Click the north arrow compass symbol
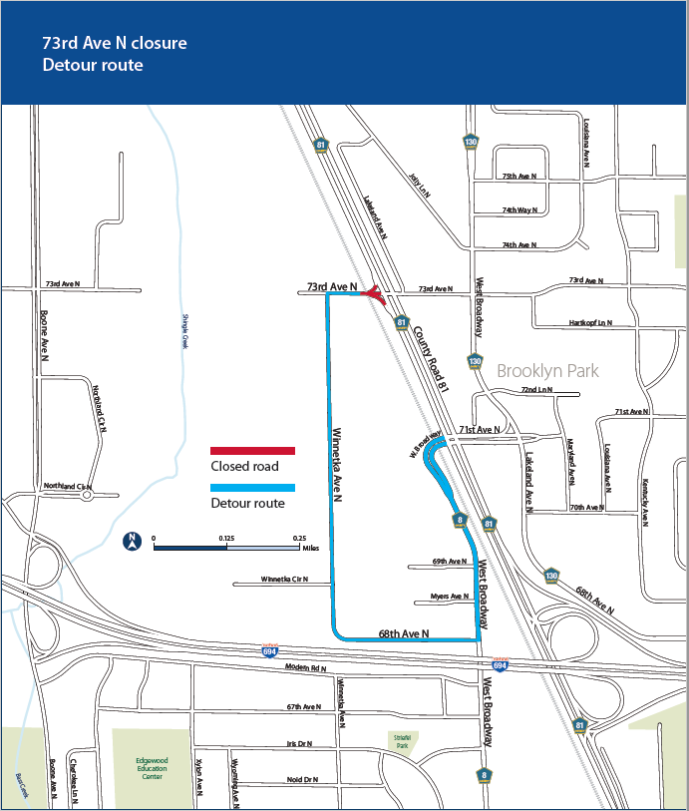click(x=130, y=543)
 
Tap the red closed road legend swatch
click(x=251, y=451)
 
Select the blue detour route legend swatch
click(x=251, y=488)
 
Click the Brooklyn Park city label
click(x=547, y=370)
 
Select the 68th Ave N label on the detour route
click(x=403, y=633)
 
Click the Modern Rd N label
click(x=305, y=666)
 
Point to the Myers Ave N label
click(x=449, y=597)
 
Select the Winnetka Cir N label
click(x=284, y=579)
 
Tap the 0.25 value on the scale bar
click(x=299, y=538)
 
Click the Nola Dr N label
click(x=301, y=779)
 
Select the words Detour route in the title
click(x=93, y=66)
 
